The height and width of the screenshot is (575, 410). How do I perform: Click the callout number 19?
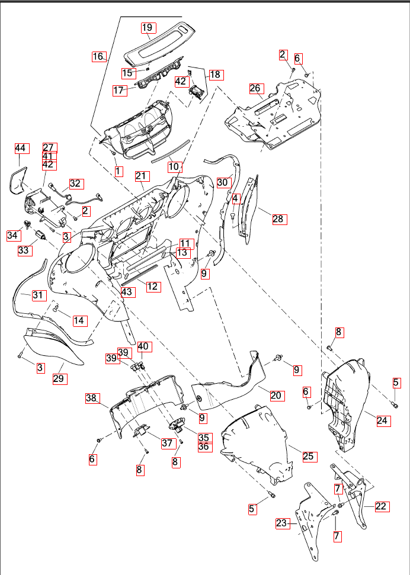(x=148, y=27)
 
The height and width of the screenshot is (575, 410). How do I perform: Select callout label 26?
(x=255, y=89)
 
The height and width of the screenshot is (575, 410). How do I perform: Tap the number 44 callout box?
(x=21, y=148)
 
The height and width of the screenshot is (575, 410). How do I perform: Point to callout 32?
(x=75, y=184)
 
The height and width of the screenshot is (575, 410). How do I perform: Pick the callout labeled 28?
(x=278, y=220)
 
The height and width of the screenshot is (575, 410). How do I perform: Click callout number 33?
(x=24, y=250)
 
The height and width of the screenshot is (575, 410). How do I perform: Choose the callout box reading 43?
(x=127, y=292)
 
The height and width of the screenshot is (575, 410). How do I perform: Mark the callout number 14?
(x=79, y=320)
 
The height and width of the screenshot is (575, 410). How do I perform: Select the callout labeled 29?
(x=59, y=378)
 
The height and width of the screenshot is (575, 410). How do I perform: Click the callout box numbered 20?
(x=276, y=395)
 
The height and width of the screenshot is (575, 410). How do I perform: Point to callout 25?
(x=309, y=456)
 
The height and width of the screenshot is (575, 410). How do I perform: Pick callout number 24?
(x=383, y=421)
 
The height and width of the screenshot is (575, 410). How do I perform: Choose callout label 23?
(x=282, y=523)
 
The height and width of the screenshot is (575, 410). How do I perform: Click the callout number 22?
(x=381, y=506)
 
